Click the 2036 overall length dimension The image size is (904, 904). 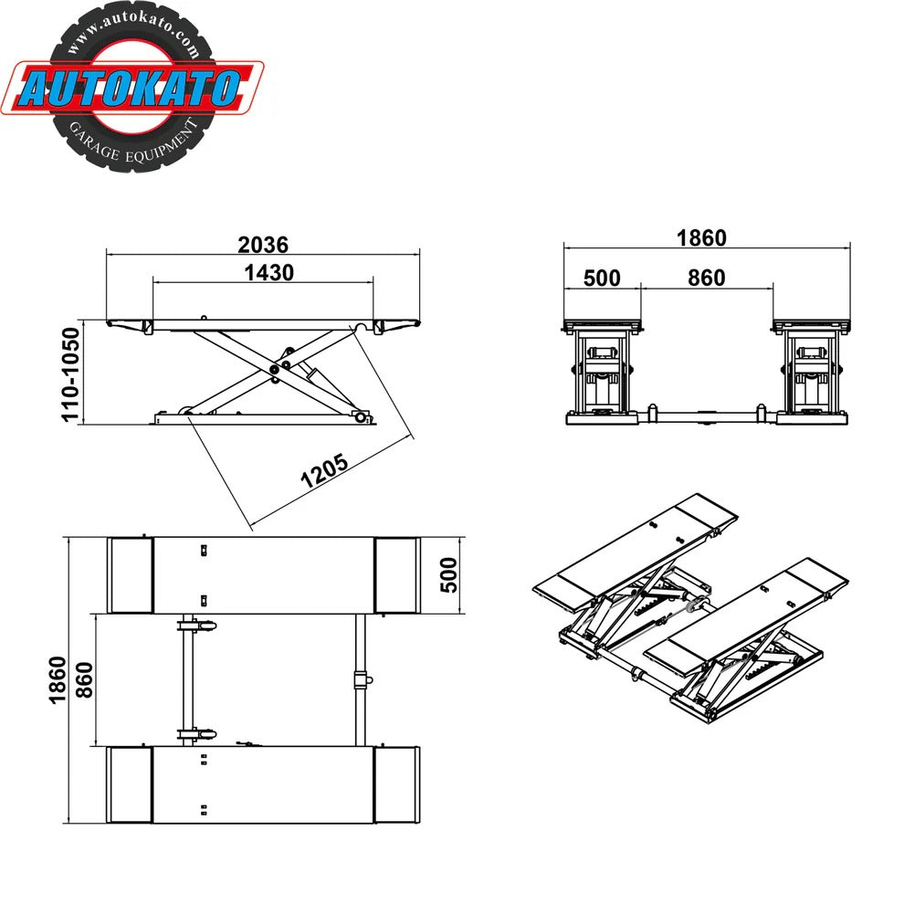[263, 245]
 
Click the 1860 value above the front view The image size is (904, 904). [700, 237]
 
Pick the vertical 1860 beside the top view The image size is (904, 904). [56, 679]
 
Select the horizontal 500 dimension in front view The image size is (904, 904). [601, 278]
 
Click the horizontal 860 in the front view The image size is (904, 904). [706, 278]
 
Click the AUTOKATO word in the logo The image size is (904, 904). [130, 89]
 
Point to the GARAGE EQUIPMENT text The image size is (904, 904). [132, 138]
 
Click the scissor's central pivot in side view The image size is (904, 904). [276, 370]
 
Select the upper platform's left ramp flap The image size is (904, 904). [130, 574]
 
